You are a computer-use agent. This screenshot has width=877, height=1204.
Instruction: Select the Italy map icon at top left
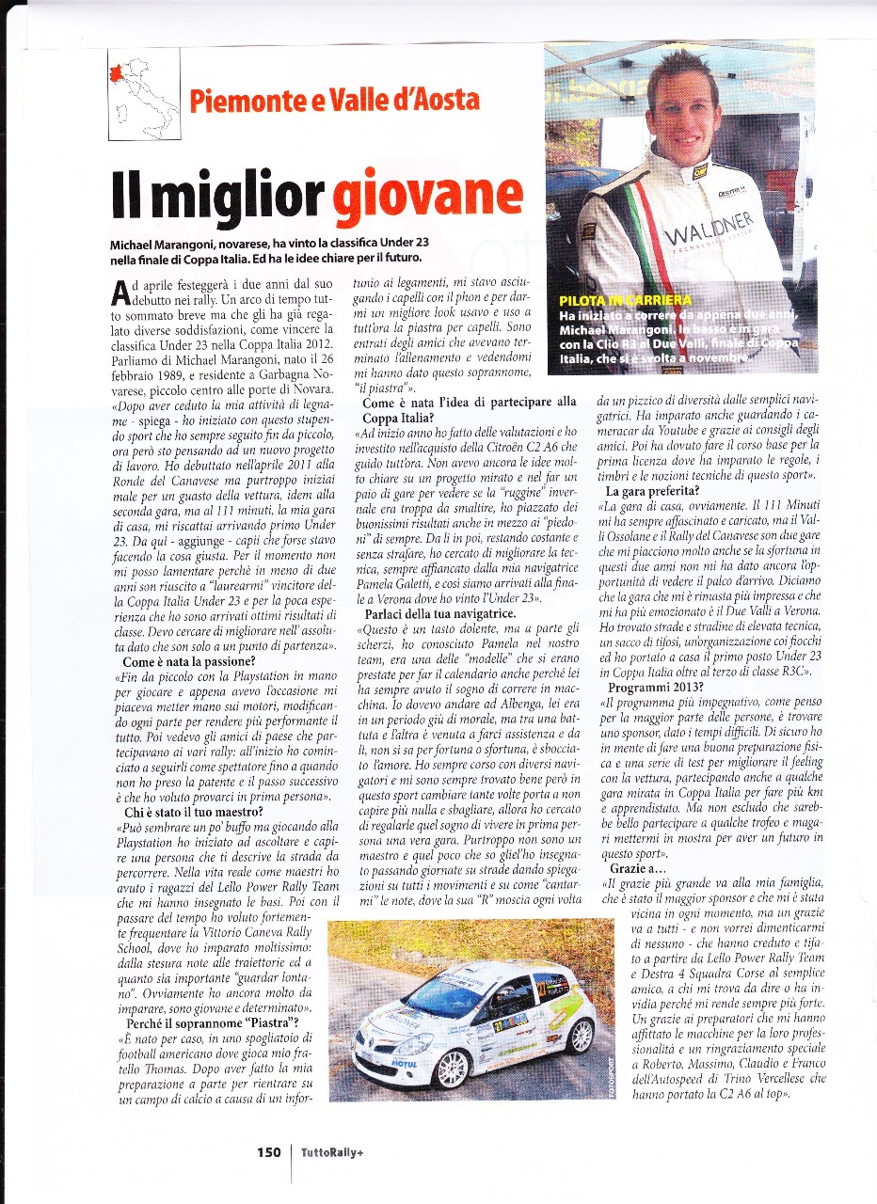pyautogui.click(x=144, y=94)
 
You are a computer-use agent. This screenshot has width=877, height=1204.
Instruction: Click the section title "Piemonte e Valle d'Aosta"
pyautogui.click(x=334, y=99)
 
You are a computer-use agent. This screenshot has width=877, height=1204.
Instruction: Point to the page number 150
pyautogui.click(x=270, y=1151)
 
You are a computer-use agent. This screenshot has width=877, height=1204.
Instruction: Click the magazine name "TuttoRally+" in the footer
pyautogui.click(x=333, y=1152)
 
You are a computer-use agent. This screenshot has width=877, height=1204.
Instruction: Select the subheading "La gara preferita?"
pyautogui.click(x=653, y=491)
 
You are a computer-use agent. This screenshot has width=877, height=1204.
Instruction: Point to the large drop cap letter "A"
pyautogui.click(x=120, y=289)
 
